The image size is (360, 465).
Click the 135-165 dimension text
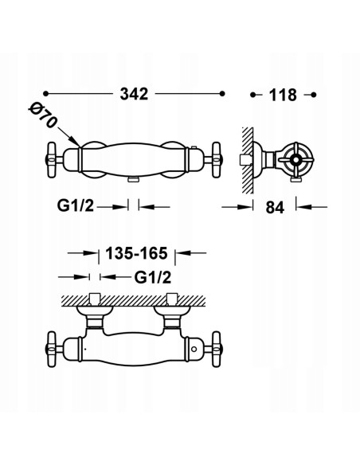point(132,255)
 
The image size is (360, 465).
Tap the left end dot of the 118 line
point(253,95)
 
